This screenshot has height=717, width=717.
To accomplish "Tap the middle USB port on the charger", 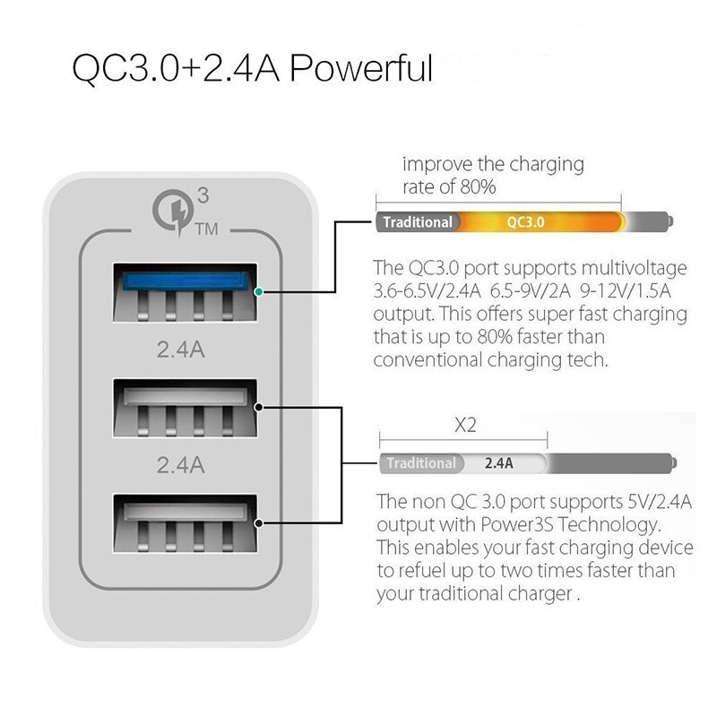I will [185, 409].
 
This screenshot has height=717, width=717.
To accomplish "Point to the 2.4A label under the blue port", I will [181, 349].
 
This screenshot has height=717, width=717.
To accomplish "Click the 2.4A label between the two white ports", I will [181, 464].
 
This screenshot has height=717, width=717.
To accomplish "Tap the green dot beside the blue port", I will [259, 292].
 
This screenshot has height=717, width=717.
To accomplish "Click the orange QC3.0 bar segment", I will [525, 221].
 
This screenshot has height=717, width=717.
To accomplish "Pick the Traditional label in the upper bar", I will [418, 221].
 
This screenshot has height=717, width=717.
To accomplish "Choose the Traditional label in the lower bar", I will [421, 463].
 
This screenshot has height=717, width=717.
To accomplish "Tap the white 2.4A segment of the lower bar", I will [498, 463].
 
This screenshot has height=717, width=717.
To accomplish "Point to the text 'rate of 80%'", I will [448, 187].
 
